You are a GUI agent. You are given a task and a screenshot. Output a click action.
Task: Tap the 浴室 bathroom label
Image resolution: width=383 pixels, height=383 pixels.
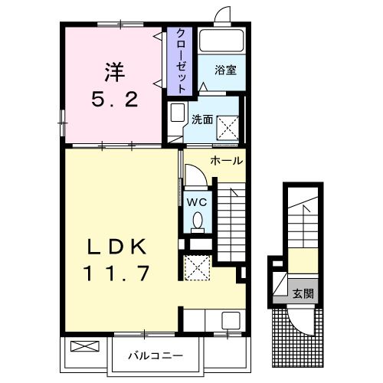click(x=225, y=70)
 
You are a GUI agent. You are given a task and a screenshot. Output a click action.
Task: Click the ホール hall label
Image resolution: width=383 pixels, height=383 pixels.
click(x=226, y=161)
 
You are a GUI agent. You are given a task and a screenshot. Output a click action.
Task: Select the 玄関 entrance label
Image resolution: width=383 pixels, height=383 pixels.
click(x=303, y=293)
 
